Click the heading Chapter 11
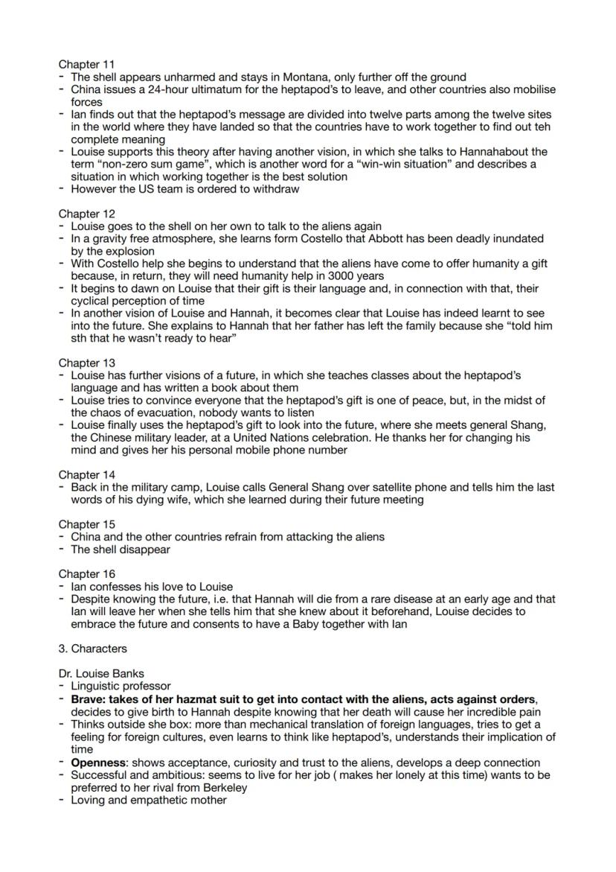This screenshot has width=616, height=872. coord(86,65)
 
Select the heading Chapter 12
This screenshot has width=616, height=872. coord(86,214)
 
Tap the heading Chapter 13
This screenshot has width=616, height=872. coord(86,363)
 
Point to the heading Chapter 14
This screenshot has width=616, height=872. coord(86,474)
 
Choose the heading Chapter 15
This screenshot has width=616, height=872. coord(86,524)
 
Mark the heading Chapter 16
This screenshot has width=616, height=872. coord(86,574)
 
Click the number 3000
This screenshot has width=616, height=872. coord(324,276)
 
